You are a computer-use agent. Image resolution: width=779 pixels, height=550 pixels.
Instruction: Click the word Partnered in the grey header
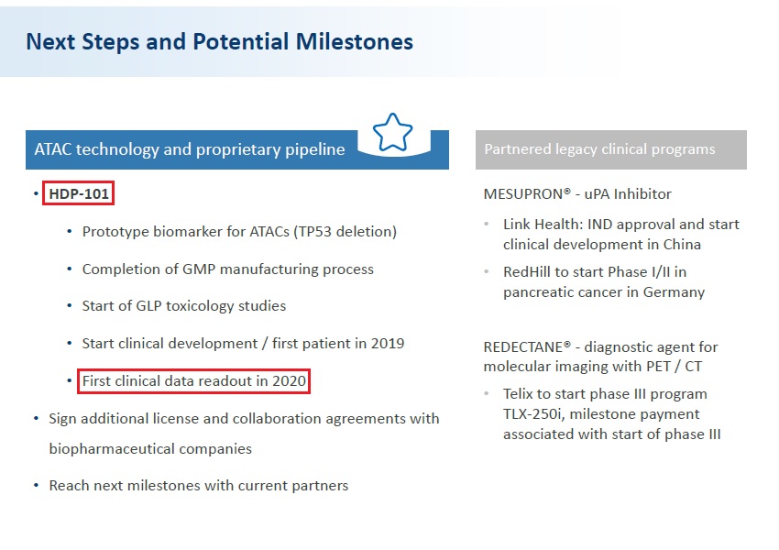click(x=516, y=149)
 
